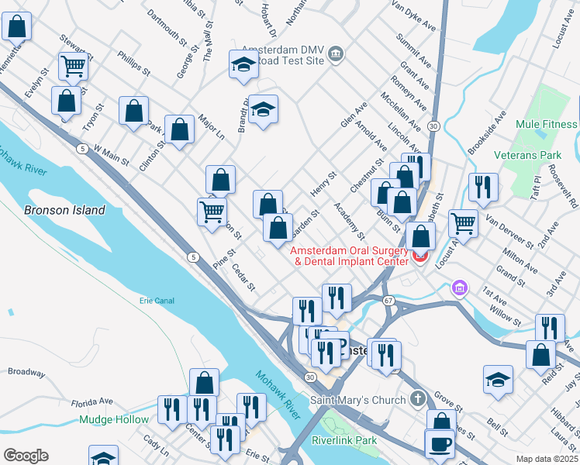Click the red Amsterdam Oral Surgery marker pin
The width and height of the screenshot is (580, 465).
420,256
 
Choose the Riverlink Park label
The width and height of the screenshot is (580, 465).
344,440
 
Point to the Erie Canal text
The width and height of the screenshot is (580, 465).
157,301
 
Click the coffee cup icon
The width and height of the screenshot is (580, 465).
440,443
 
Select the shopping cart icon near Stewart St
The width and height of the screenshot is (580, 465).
73,66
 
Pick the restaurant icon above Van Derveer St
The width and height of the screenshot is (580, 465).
483,187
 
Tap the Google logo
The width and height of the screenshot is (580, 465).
26,456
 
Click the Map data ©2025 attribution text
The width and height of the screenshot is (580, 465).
547,459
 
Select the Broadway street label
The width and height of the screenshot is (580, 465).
26,372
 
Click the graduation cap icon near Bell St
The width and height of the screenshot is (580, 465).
498,381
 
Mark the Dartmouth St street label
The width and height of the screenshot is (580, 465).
166,25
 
